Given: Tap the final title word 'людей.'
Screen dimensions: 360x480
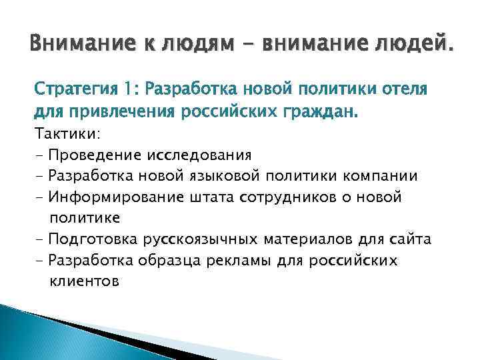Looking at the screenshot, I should (409, 46).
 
